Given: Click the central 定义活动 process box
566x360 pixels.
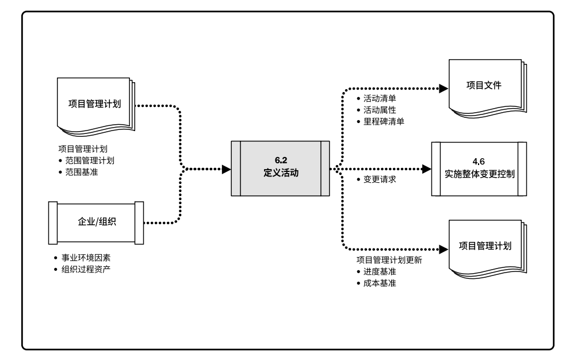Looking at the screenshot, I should pyautogui.click(x=280, y=168).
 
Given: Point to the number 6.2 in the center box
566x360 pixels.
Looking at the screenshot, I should pyautogui.click(x=280, y=160).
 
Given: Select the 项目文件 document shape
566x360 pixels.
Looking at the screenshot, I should pyautogui.click(x=484, y=86).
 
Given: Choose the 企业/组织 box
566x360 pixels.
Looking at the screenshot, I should pyautogui.click(x=97, y=221).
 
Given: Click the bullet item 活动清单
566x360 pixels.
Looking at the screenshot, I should pyautogui.click(x=380, y=98).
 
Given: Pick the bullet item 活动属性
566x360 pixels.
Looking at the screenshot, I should pyautogui.click(x=380, y=109).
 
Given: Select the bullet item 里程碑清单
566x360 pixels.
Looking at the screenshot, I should pyautogui.click(x=384, y=121).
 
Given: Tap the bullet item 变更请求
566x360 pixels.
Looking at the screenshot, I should pyautogui.click(x=380, y=179).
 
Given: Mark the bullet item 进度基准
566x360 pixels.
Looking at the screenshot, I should pyautogui.click(x=380, y=271).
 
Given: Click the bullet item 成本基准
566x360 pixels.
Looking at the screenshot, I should pyautogui.click(x=380, y=283).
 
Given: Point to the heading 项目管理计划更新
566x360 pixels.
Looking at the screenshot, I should pyautogui.click(x=389, y=261).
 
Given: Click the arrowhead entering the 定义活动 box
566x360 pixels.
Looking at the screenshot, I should pyautogui.click(x=227, y=169).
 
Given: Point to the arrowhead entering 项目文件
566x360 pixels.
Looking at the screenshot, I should pyautogui.click(x=443, y=89).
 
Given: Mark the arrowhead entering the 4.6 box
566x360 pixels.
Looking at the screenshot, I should pyautogui.click(x=426, y=169).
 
